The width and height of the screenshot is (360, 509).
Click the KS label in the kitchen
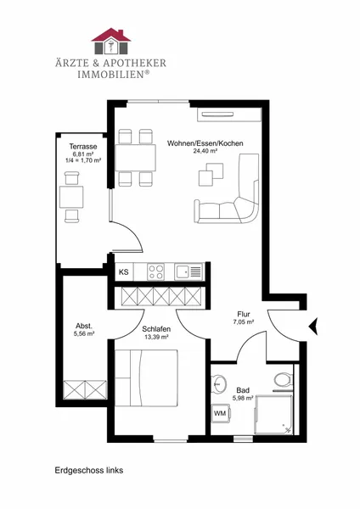pos(123,272)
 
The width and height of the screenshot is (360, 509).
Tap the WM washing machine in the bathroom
pos(221,413)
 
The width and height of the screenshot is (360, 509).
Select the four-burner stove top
pos(155,271)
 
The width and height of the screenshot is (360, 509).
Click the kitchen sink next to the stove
pos(188,271)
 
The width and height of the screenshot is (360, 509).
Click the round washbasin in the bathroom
pos(219,384)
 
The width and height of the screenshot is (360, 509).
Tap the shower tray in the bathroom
pos(273,415)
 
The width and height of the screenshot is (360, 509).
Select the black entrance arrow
pos(313,327)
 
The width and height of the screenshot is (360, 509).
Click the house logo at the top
pos(111,41)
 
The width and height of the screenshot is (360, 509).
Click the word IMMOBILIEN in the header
pos(111,74)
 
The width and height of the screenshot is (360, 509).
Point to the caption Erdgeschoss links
pos(88,470)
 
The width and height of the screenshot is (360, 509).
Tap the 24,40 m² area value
pos(205,151)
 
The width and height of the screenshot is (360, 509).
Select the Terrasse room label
pos(83,147)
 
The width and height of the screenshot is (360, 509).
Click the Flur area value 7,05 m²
pos(244,322)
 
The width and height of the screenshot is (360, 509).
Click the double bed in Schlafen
pos(146,378)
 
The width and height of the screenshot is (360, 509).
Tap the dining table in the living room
pos(136,158)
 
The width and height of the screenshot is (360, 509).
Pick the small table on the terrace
pos(71,197)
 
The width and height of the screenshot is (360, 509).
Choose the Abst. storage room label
pos(84,326)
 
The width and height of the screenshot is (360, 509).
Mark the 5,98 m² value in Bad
pos(243,398)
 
